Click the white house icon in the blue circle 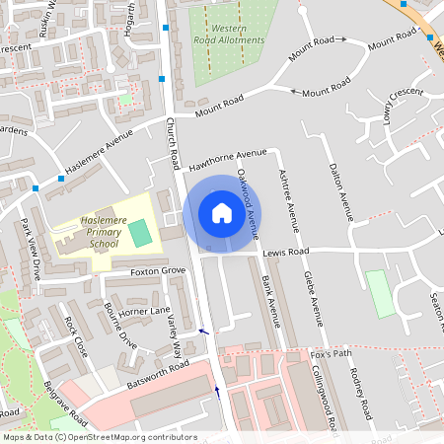[222, 213]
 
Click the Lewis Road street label [286, 253]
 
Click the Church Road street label [174, 142]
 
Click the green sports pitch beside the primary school [142, 233]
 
